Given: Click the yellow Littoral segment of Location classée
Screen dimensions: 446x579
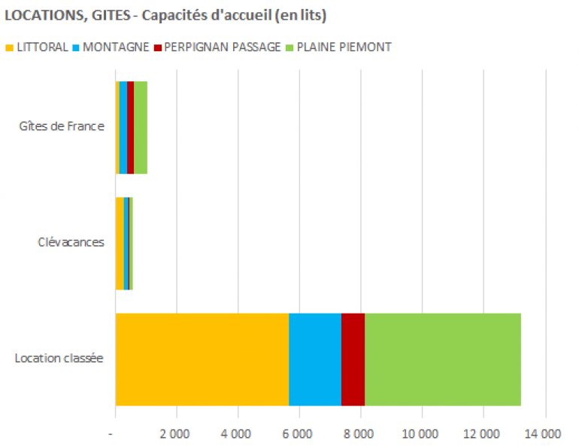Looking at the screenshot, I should click(x=202, y=358).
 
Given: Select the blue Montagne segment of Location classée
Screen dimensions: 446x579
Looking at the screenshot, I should click(x=314, y=358).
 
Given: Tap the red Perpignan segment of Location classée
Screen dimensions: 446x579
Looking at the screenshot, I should click(x=353, y=358).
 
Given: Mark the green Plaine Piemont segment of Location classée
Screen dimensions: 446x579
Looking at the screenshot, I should click(x=442, y=358).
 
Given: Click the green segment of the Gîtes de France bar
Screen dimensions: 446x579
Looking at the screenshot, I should click(x=140, y=127).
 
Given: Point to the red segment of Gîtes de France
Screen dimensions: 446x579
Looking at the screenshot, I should click(x=130, y=127).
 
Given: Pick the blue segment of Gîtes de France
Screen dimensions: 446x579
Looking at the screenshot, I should click(x=123, y=127).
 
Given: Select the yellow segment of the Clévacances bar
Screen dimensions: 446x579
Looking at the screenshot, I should click(x=120, y=243).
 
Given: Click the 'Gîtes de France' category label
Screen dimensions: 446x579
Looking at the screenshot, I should click(x=62, y=126).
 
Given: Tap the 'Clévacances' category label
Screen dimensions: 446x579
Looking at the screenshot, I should click(x=71, y=242).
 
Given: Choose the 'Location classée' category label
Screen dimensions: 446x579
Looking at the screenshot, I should click(x=59, y=358).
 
